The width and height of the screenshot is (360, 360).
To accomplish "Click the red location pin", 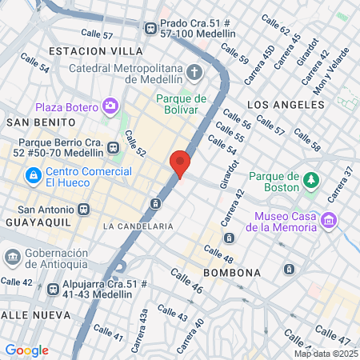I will point(180,163).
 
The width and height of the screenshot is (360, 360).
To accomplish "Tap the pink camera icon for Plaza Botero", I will point(110,106).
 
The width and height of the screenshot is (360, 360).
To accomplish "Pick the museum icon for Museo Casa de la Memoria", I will point(326,220).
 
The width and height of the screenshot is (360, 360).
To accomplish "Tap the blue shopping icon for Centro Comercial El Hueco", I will point(32,174).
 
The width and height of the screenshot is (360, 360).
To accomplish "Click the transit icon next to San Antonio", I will point(84,210).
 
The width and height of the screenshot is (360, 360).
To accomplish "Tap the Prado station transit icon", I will point(150,28).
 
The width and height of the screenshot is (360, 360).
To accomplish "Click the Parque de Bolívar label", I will point(182,105).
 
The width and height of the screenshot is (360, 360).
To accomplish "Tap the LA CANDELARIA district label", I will point(138,226).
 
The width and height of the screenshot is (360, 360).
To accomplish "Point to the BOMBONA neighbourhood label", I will point(233,273).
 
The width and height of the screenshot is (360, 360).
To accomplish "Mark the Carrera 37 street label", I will point(337,185).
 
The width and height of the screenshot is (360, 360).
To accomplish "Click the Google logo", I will point(26,350).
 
